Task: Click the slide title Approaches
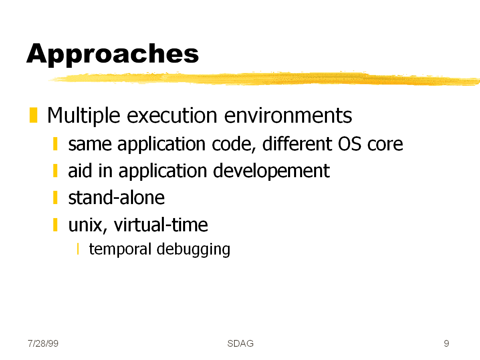point(113,54)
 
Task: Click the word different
point(297,144)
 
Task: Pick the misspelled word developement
point(271,171)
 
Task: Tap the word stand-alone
point(116,198)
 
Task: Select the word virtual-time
point(161,224)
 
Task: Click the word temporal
point(120,249)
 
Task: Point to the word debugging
point(193,249)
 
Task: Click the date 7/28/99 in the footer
point(43,344)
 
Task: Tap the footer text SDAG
point(240,344)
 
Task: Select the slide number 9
point(446,344)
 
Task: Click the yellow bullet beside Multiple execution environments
point(33,115)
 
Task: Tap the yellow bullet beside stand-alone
point(55,198)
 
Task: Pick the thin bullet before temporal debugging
point(78,249)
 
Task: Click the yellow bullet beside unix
point(55,224)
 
